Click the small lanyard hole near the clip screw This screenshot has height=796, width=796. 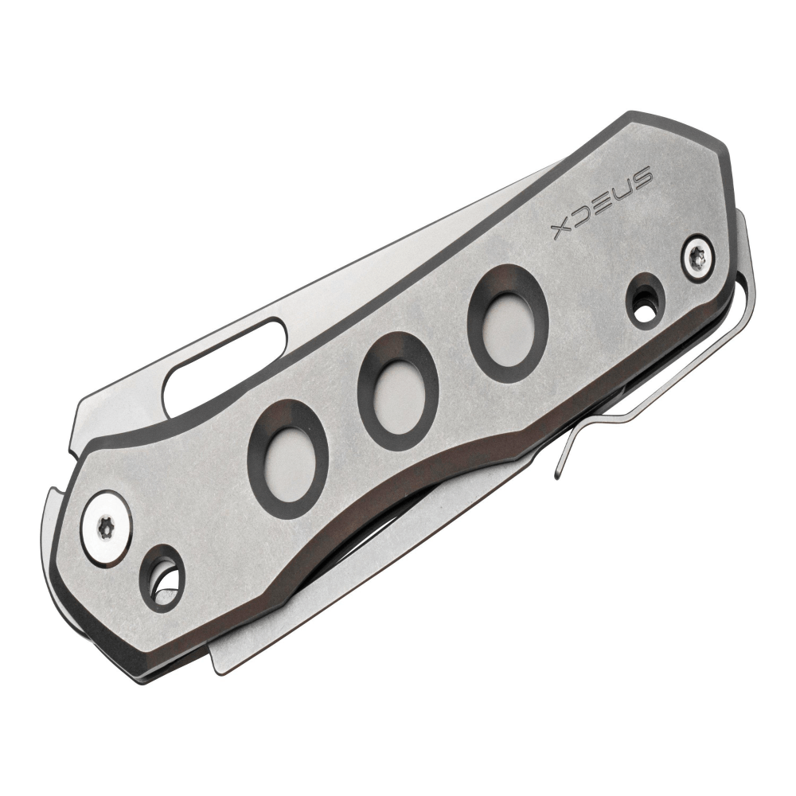(646, 300)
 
